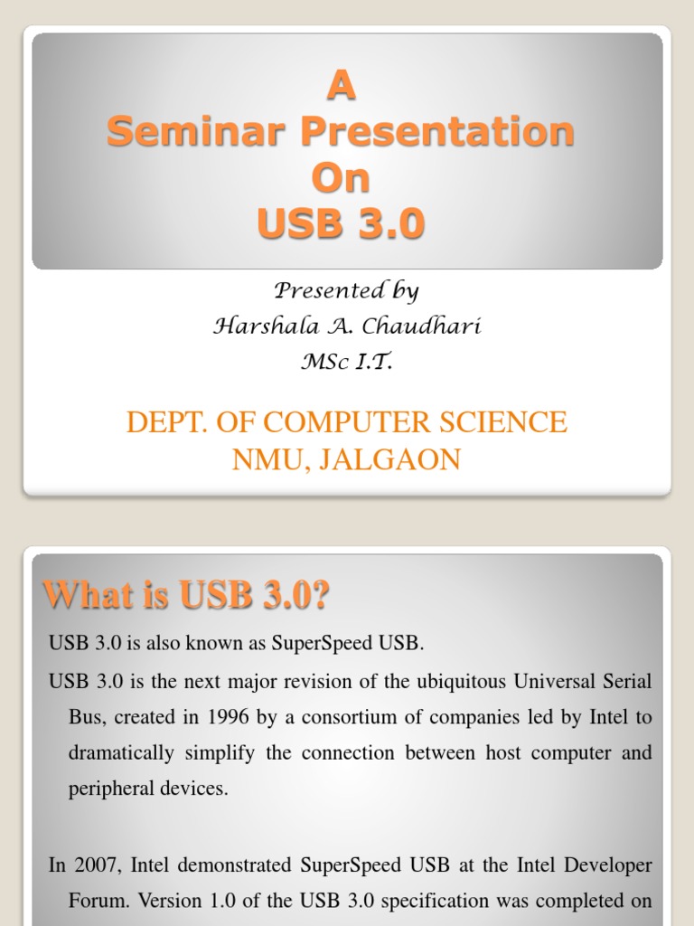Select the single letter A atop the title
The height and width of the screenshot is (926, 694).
[340, 88]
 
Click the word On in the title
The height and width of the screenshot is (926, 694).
[341, 178]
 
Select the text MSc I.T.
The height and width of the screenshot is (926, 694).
[346, 363]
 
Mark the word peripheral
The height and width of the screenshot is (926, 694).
[109, 789]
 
